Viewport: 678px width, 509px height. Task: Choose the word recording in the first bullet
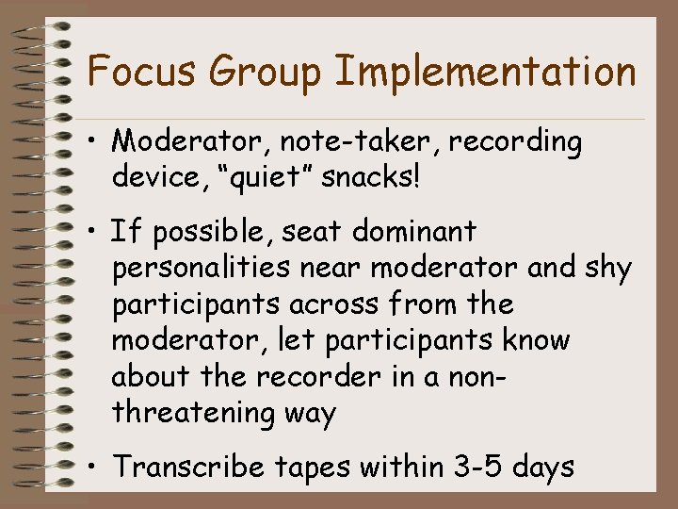click(515, 142)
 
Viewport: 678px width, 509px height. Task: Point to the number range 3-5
click(473, 466)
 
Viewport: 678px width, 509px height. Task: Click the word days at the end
click(542, 466)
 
